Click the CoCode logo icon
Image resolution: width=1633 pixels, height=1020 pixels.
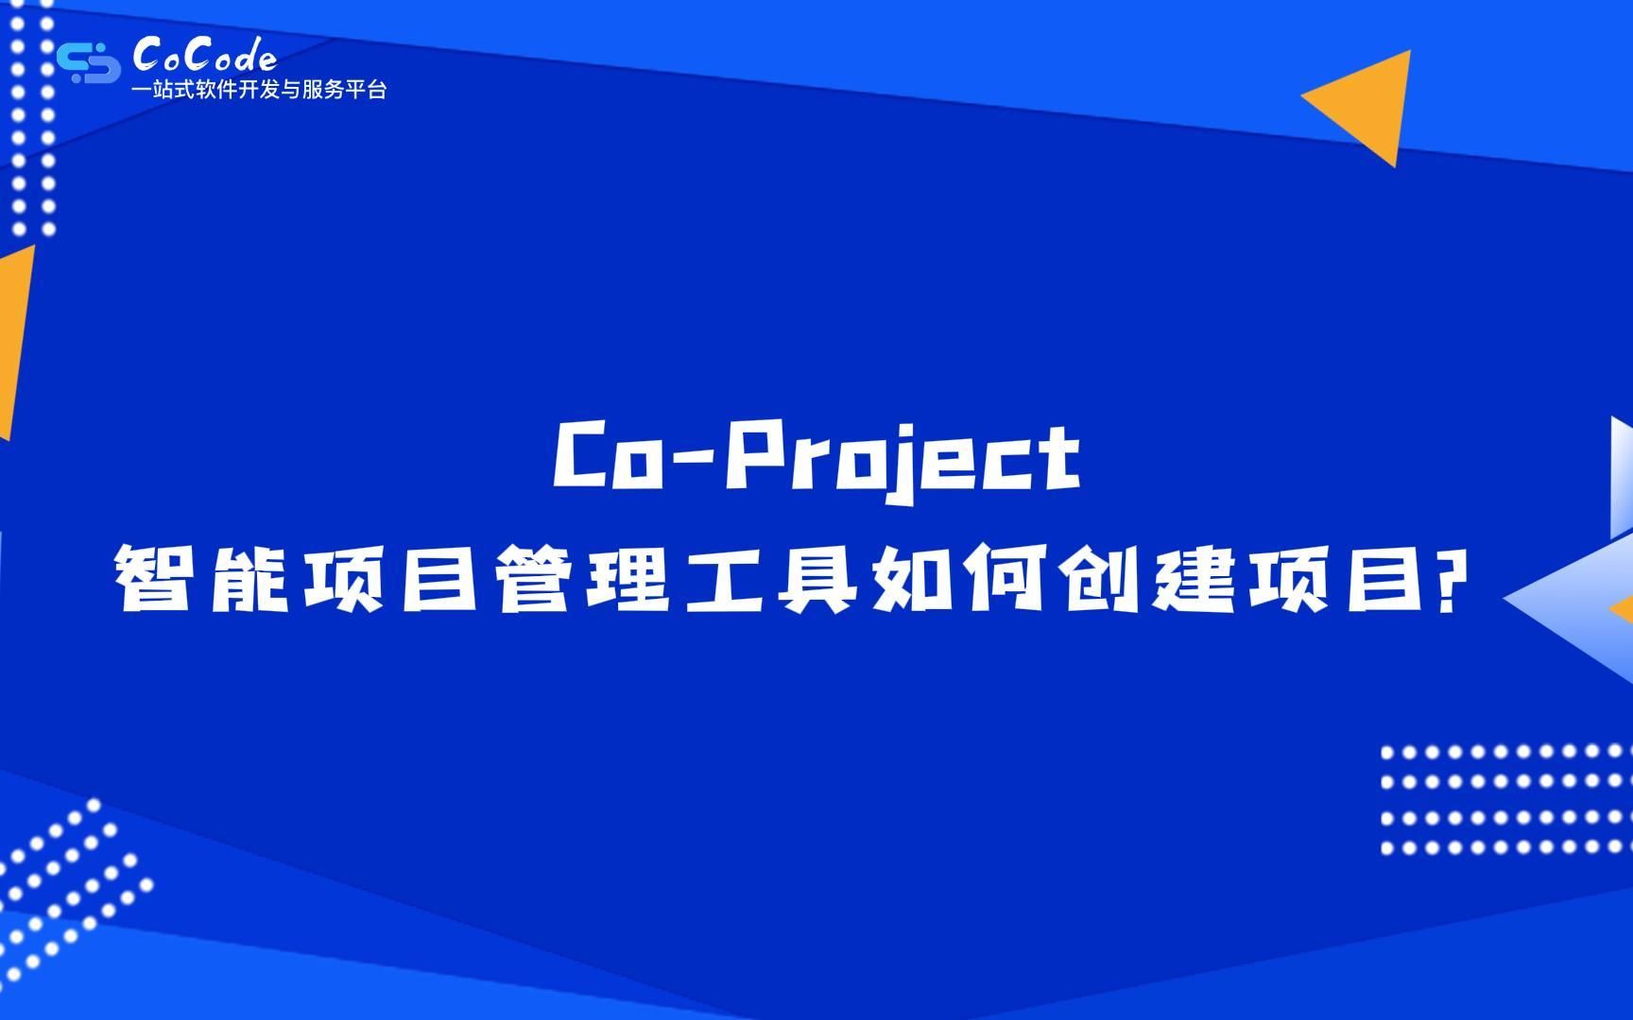[x=88, y=61]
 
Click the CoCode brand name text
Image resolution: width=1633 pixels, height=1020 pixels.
[x=205, y=56]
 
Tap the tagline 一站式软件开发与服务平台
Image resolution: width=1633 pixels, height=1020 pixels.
[x=259, y=91]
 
